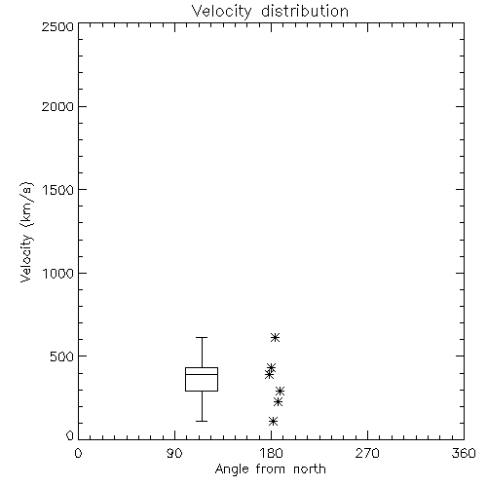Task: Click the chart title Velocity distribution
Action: coord(270,12)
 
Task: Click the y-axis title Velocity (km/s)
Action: coord(26,232)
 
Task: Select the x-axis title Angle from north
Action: coord(270,469)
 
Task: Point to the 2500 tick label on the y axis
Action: coord(57,26)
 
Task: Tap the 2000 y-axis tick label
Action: coord(57,106)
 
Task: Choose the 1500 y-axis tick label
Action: coord(58,190)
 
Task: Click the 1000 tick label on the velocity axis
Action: coord(58,273)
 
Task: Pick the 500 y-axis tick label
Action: coord(62,356)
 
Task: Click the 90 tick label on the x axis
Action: coord(174,453)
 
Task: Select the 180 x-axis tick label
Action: coord(271,453)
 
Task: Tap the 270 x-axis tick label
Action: coord(367,453)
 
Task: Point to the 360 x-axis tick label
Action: coord(464,453)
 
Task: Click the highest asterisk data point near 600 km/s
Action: coord(275,338)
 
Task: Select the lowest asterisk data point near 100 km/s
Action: coord(273,422)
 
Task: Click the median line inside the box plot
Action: coord(202,374)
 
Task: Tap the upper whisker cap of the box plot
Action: coord(202,338)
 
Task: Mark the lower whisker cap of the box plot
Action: coord(202,421)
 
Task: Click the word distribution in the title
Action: coord(305,12)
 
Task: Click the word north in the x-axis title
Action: coord(310,469)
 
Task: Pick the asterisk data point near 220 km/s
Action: coord(278,402)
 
